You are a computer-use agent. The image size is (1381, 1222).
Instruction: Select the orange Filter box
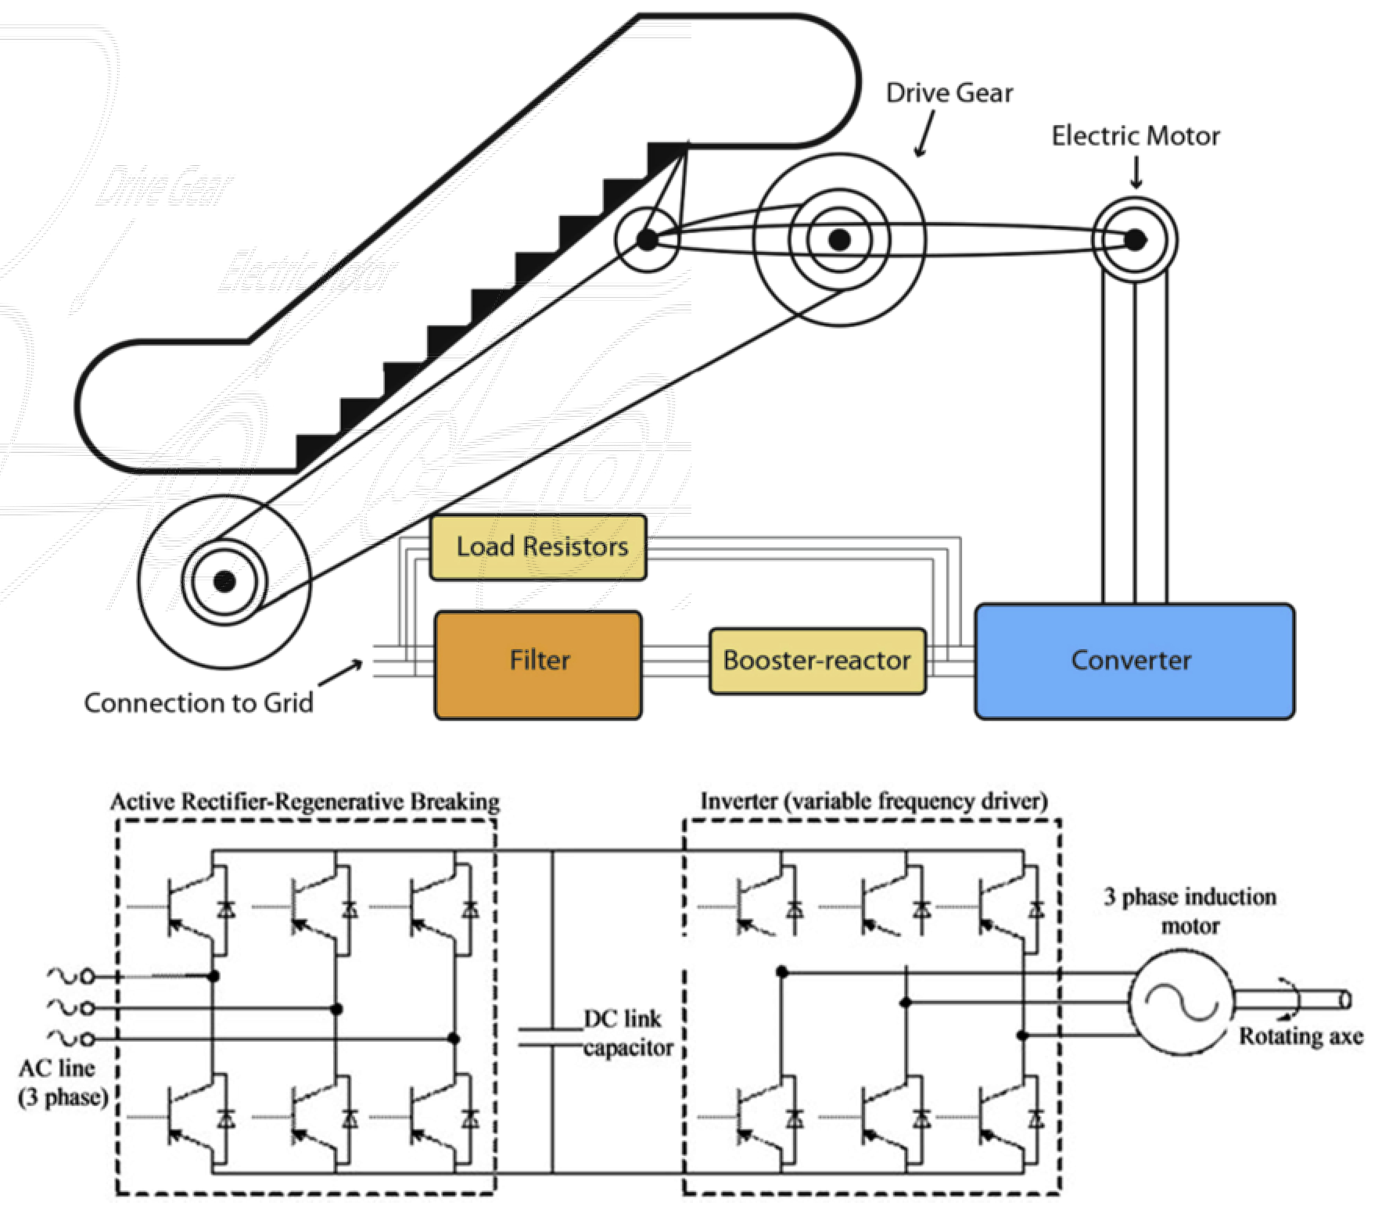coord(538,665)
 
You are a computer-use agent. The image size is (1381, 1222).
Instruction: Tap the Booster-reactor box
coord(817,661)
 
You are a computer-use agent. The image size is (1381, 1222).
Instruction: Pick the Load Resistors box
coord(538,547)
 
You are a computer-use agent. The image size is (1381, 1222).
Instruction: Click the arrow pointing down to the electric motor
coord(1136,172)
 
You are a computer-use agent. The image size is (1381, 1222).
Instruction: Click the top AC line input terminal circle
coord(86,976)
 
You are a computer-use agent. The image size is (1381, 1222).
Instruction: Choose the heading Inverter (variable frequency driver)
coord(874,801)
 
